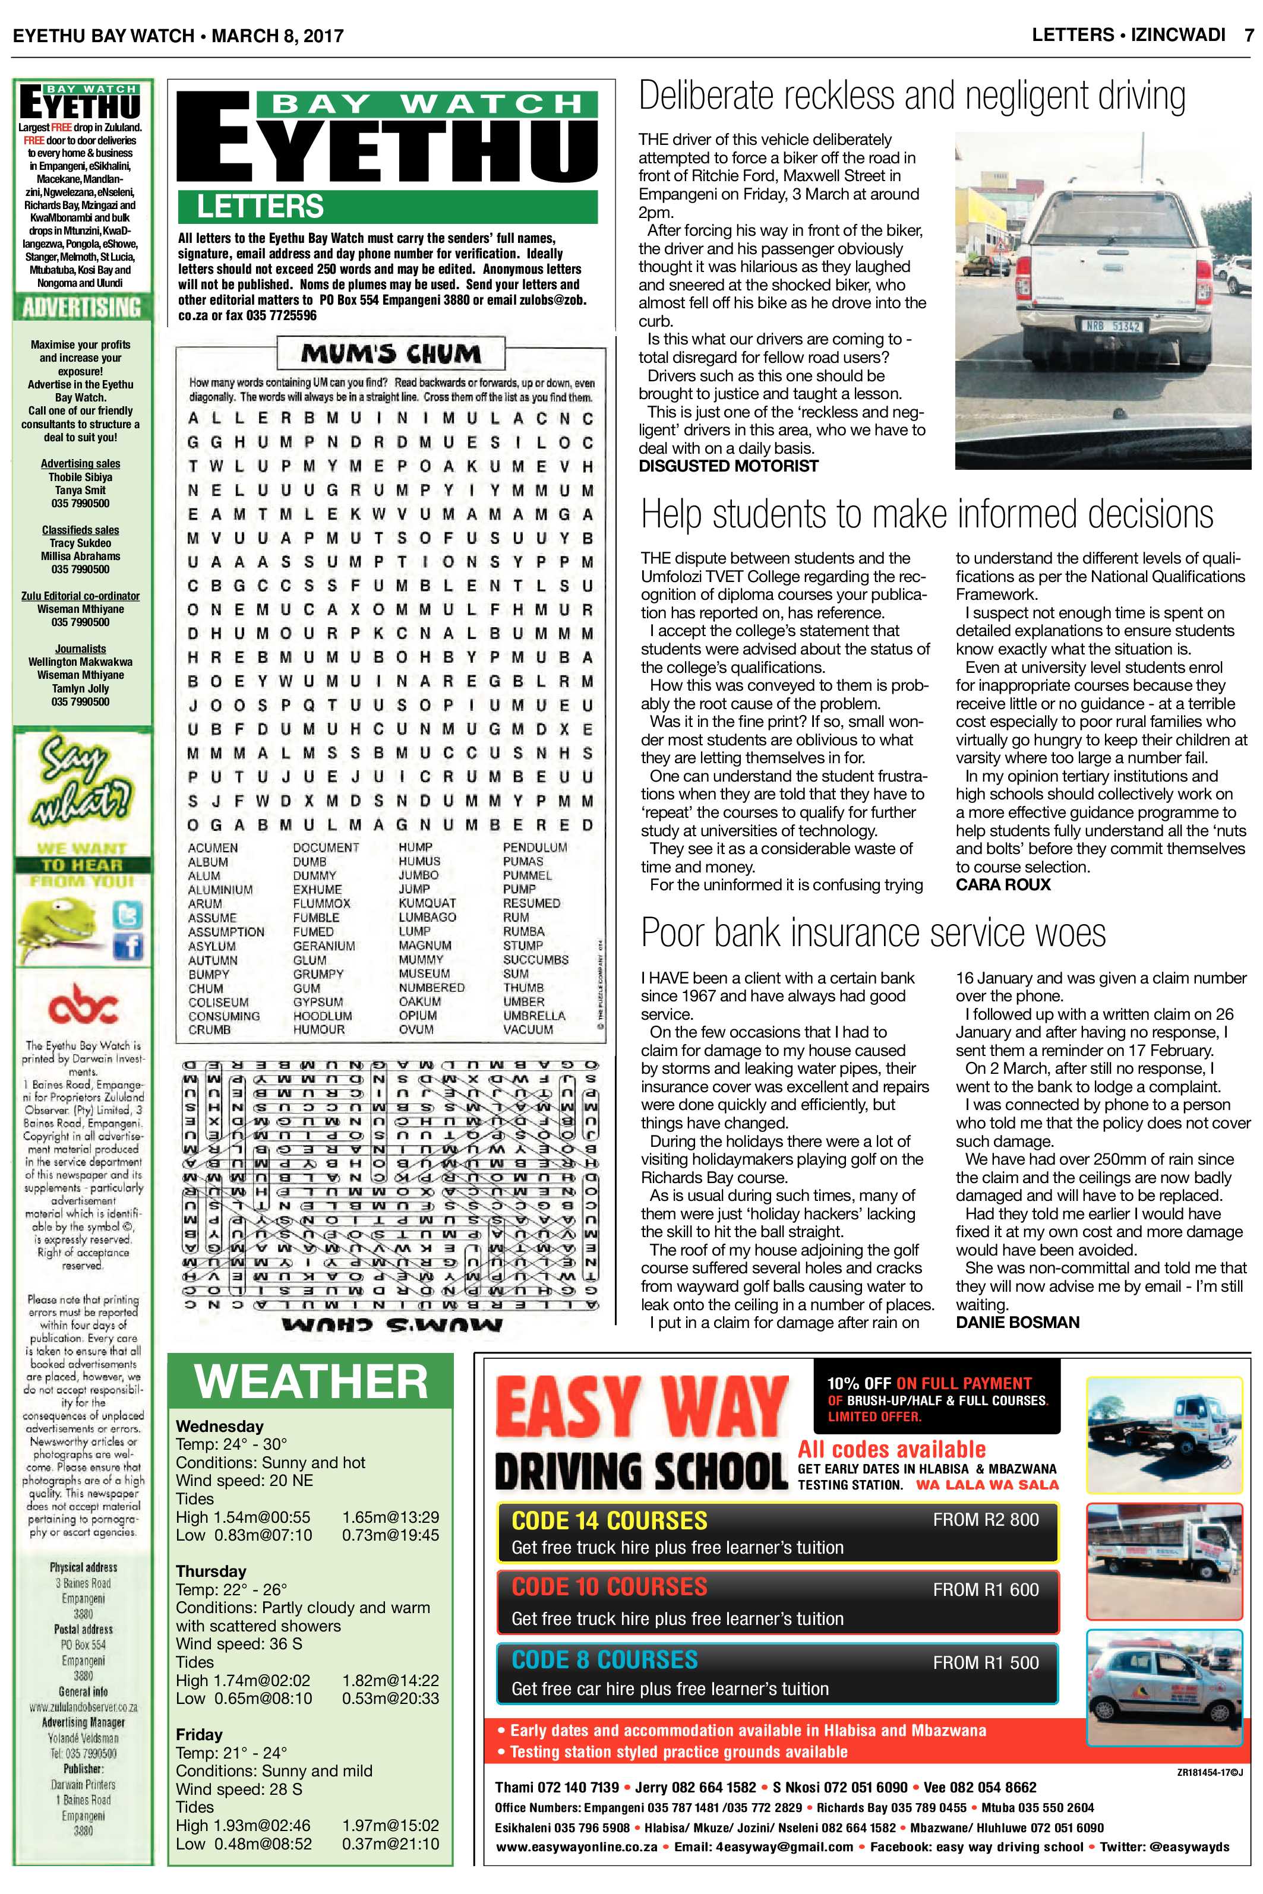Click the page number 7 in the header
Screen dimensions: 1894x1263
pos(1248,36)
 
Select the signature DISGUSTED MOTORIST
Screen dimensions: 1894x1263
pos(728,466)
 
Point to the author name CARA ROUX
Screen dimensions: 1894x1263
pos(1003,885)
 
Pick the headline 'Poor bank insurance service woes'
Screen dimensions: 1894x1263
pos(873,933)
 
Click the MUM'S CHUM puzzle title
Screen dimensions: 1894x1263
pos(391,353)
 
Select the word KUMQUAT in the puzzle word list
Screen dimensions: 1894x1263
pos(427,903)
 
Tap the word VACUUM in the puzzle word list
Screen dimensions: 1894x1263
pos(528,1030)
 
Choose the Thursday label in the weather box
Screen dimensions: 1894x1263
pos(211,1571)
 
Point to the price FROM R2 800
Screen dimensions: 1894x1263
pos(986,1520)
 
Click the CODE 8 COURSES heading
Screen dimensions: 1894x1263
pos(604,1661)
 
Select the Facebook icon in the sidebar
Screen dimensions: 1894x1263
pos(129,947)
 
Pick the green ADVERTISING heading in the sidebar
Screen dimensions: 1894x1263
pos(81,308)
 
